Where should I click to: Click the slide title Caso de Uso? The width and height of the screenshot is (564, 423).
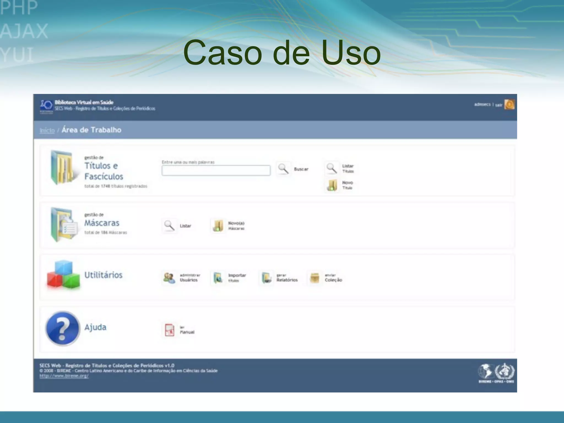click(x=282, y=53)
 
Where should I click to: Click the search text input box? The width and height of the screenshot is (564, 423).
click(x=216, y=170)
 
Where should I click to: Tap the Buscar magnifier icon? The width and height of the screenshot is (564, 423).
click(x=283, y=169)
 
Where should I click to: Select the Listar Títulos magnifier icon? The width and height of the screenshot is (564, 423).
click(x=332, y=168)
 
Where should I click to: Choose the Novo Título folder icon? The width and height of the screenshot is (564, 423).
click(x=332, y=185)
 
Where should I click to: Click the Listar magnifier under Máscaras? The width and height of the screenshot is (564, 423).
click(x=169, y=226)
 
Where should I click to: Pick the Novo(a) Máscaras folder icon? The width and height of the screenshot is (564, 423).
click(x=218, y=226)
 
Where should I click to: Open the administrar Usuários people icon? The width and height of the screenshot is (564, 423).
click(x=169, y=278)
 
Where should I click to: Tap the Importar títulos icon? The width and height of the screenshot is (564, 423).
click(x=218, y=278)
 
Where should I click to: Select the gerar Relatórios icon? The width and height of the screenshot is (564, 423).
click(x=267, y=278)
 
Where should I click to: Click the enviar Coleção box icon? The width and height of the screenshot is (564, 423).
click(x=314, y=278)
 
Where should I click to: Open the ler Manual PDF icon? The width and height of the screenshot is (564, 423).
click(x=169, y=330)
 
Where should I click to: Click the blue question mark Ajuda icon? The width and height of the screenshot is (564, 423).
click(x=63, y=328)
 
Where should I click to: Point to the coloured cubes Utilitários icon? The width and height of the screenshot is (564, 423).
click(x=63, y=275)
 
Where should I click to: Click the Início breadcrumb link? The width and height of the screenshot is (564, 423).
click(x=47, y=130)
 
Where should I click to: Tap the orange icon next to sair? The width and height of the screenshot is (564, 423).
click(x=509, y=104)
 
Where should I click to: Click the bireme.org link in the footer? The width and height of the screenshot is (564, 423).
click(x=64, y=376)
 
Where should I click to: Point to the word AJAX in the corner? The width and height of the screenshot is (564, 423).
click(x=24, y=31)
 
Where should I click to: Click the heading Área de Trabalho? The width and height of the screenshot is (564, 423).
click(x=91, y=130)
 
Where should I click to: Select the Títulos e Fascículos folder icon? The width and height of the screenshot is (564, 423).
click(x=62, y=168)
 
